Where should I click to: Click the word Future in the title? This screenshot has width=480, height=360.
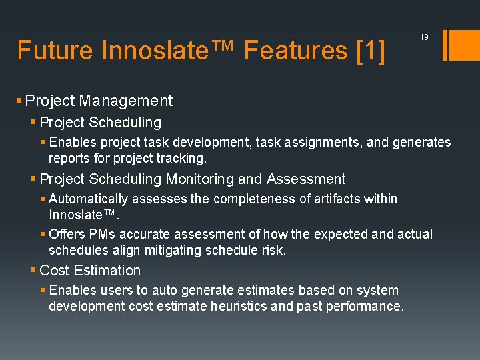55,50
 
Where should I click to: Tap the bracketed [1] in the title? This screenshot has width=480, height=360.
371,50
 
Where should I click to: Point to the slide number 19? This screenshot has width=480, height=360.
424,38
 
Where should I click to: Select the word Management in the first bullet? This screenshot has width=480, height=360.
126,101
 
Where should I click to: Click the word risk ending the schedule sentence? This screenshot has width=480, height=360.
274,250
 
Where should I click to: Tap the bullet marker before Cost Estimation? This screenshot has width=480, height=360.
33,270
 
